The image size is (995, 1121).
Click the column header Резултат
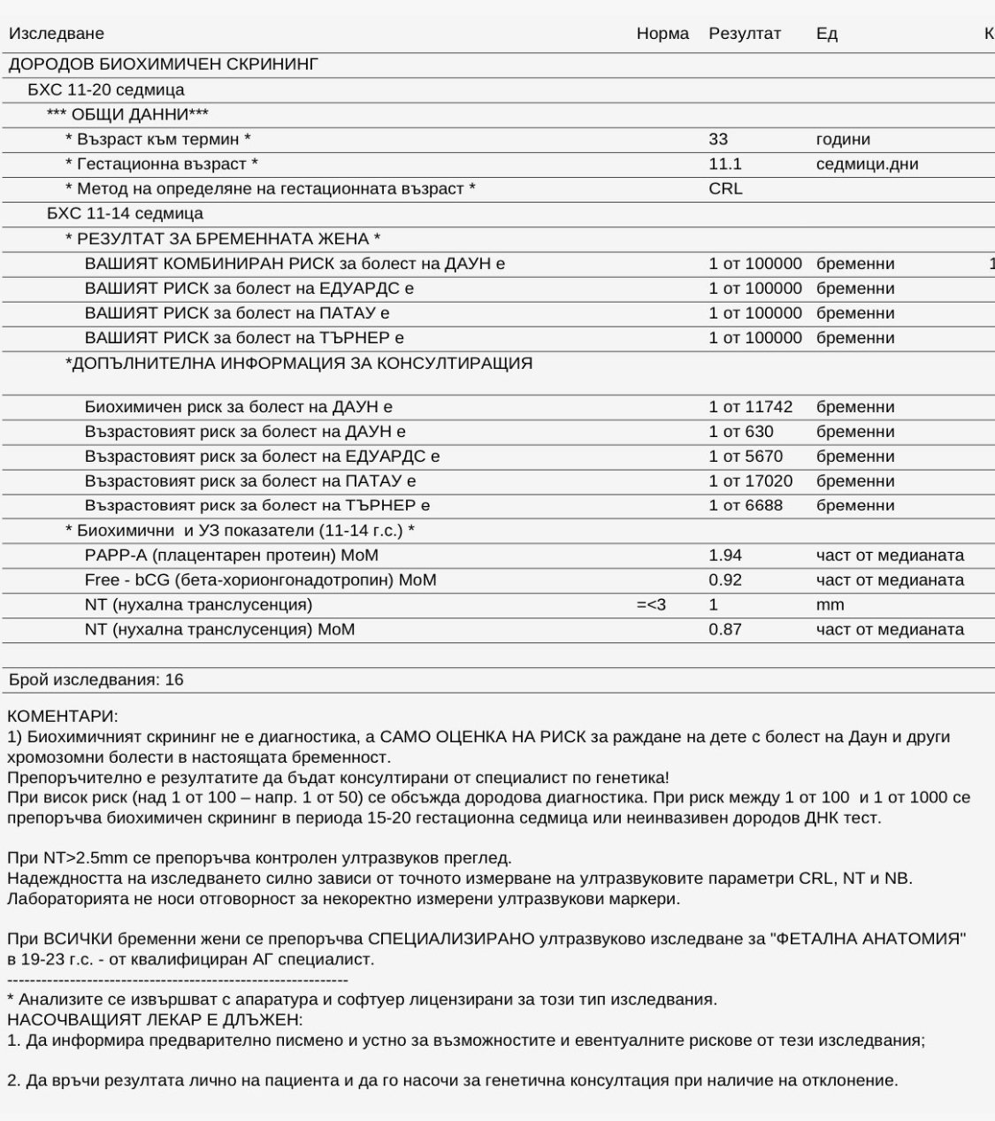(x=745, y=34)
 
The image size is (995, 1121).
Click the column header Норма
(x=662, y=34)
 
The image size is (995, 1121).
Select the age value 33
(x=718, y=139)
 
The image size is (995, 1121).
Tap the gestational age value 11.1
(x=725, y=164)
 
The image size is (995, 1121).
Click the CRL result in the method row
(x=725, y=188)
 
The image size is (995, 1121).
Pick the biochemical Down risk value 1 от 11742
(x=751, y=407)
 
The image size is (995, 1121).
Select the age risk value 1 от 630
(x=741, y=432)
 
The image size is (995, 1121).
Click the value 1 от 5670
(x=746, y=457)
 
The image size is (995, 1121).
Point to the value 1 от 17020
(x=751, y=481)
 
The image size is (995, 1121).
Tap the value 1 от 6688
(x=746, y=506)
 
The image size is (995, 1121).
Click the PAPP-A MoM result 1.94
(x=725, y=556)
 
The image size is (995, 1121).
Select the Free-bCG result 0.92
(x=725, y=580)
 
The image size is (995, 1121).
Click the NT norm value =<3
(x=651, y=605)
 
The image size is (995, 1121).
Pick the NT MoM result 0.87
(x=725, y=630)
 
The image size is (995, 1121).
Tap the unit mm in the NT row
(x=830, y=605)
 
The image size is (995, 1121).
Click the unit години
(x=843, y=139)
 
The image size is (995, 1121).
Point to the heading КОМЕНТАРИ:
(x=62, y=716)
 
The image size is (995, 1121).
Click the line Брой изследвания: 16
(x=96, y=680)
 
